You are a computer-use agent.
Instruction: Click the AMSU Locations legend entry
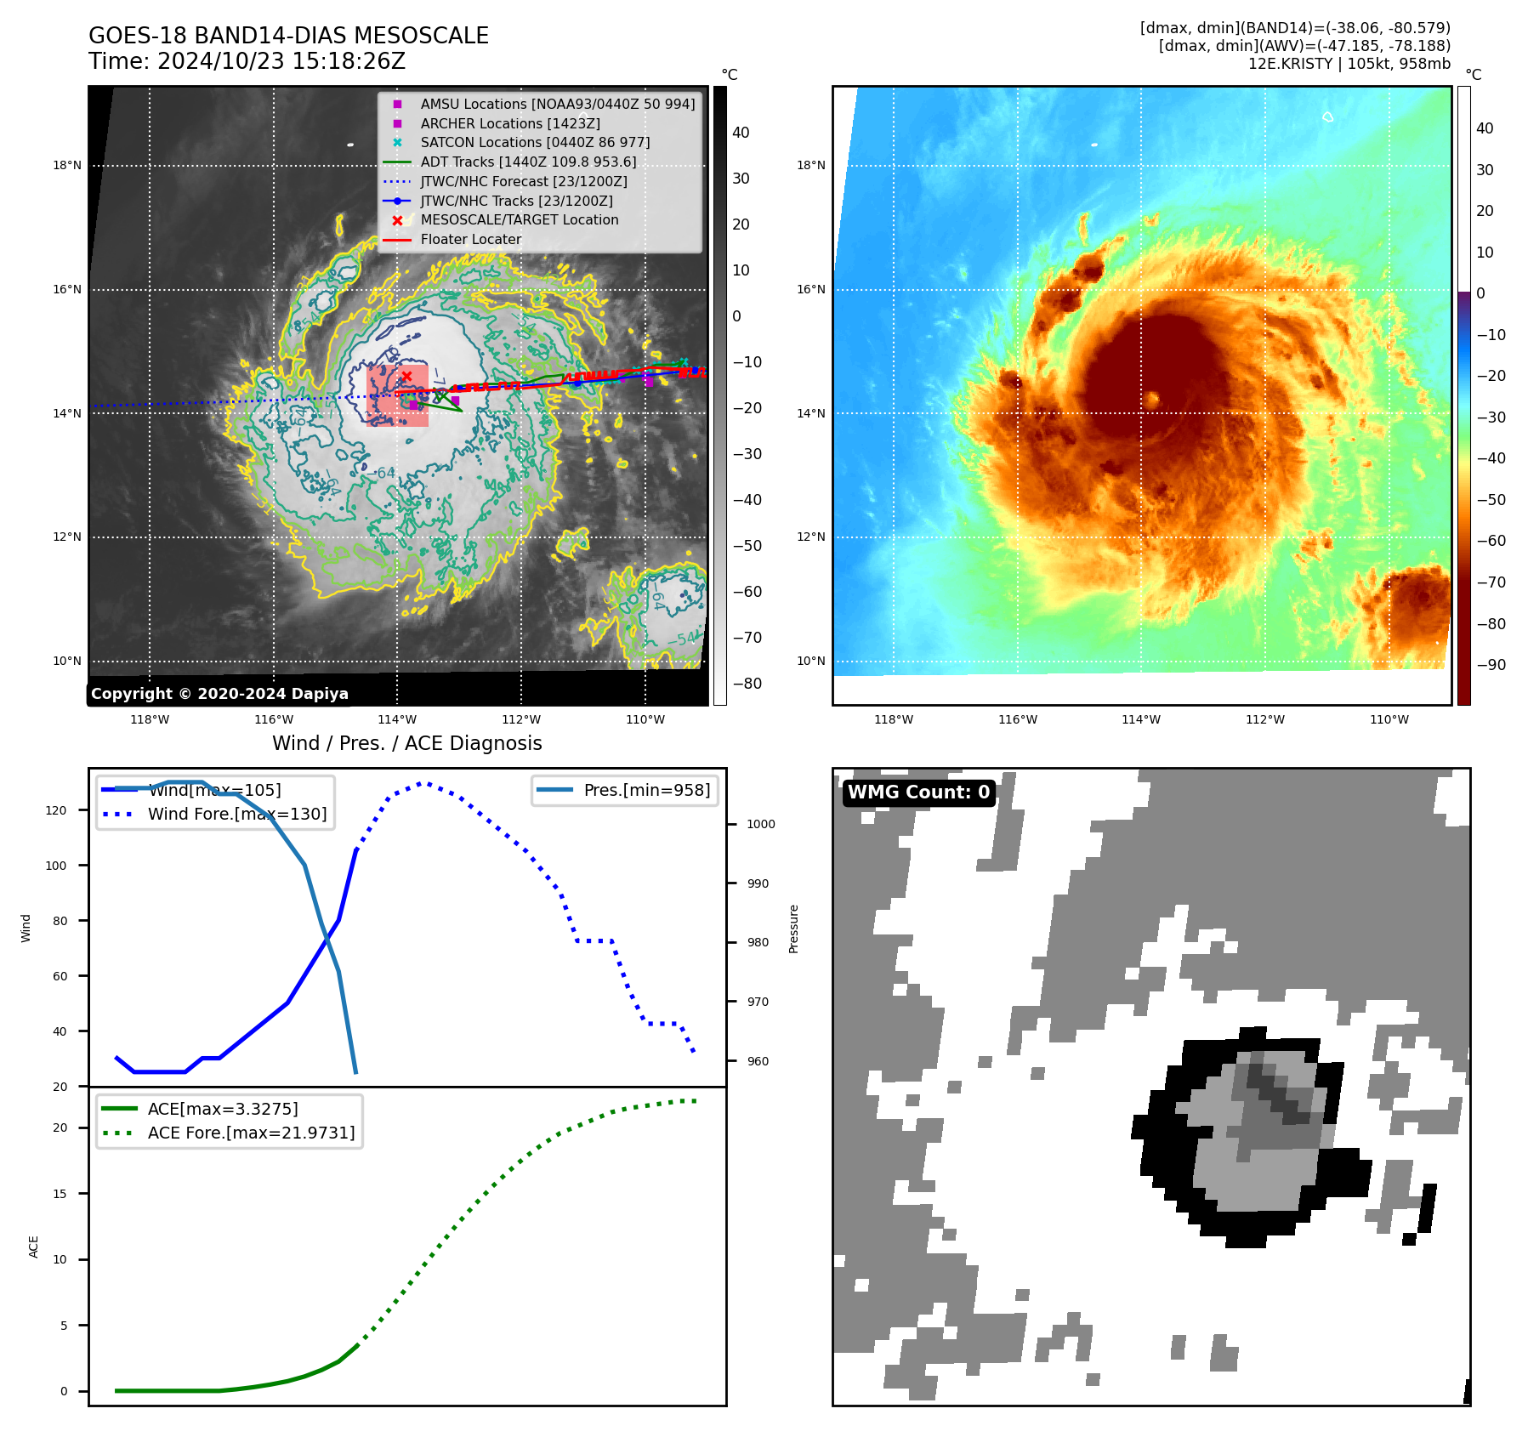pyautogui.click(x=557, y=104)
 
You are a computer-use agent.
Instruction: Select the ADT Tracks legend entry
pyautogui.click(x=527, y=162)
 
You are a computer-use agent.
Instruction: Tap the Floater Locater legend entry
pyautogui.click(x=470, y=239)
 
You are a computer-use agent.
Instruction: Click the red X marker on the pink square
pyautogui.click(x=406, y=376)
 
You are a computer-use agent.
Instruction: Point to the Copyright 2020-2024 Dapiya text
pyautogui.click(x=219, y=694)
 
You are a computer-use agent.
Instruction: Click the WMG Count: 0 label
pyautogui.click(x=918, y=792)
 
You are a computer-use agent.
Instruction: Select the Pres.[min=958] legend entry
pyautogui.click(x=646, y=790)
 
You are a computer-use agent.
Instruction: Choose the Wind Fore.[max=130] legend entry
pyautogui.click(x=236, y=814)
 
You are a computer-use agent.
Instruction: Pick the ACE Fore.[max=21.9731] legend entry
pyautogui.click(x=251, y=1133)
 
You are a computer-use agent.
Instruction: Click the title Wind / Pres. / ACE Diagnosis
pyautogui.click(x=406, y=743)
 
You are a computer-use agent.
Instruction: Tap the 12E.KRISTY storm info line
pyautogui.click(x=1349, y=64)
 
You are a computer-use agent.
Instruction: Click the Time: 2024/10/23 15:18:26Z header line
pyautogui.click(x=247, y=61)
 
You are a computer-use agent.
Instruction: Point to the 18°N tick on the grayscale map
pyautogui.click(x=67, y=165)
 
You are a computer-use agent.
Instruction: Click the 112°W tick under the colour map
pyautogui.click(x=1265, y=719)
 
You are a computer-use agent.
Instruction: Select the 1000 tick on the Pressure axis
pyautogui.click(x=760, y=824)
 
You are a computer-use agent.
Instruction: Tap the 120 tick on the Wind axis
pyautogui.click(x=56, y=810)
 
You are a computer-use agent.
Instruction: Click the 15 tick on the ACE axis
pyautogui.click(x=60, y=1194)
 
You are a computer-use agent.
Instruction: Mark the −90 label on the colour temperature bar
pyautogui.click(x=1491, y=665)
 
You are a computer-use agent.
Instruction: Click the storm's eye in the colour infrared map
pyautogui.click(x=1152, y=399)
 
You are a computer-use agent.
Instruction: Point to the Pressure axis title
pyautogui.click(x=793, y=929)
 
